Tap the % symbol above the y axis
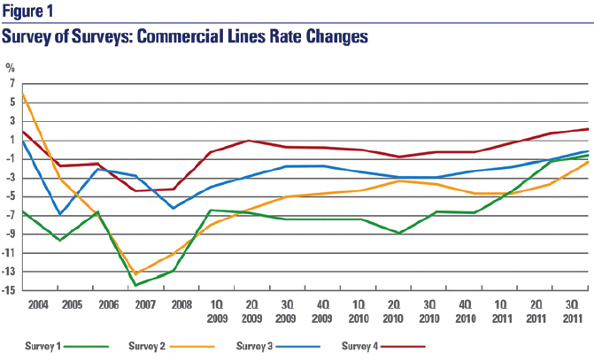click(x=11, y=67)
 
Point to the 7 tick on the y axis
click(x=12, y=83)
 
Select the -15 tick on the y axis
click(x=10, y=289)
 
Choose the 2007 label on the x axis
click(x=135, y=303)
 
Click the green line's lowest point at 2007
click(x=135, y=285)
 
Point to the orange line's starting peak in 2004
click(x=23, y=94)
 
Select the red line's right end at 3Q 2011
click(x=588, y=129)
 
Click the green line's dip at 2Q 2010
click(x=401, y=233)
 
